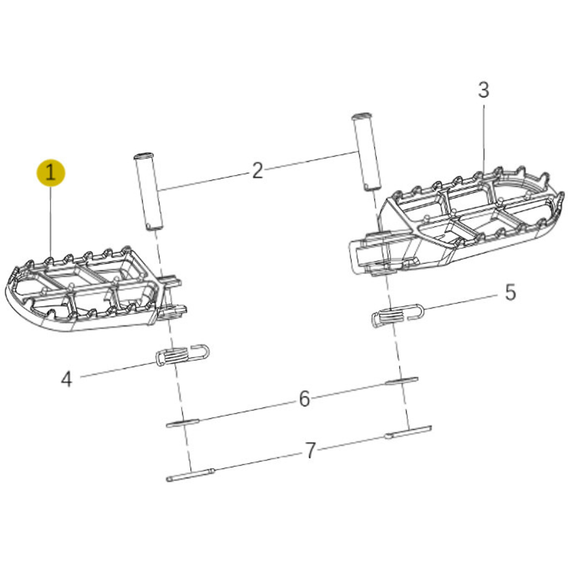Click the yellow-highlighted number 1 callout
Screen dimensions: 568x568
51,173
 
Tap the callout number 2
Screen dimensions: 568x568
257,170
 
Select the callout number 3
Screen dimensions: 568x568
483,90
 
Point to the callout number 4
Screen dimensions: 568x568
66,379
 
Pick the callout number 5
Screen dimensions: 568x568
510,293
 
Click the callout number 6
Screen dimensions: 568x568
304,399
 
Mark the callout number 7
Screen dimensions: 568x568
310,451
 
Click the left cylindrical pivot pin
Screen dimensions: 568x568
148,191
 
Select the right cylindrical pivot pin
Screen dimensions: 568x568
367,152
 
